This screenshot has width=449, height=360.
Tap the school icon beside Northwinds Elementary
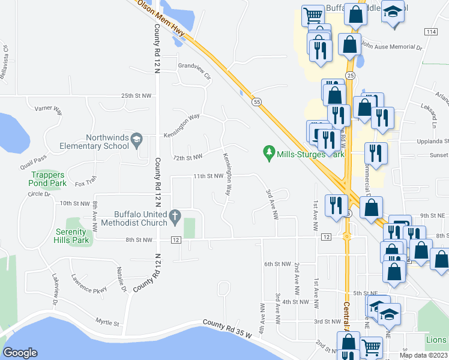tap(137, 140)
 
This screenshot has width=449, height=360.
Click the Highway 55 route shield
tap(256, 103)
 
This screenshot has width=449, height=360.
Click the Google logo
tap(20, 353)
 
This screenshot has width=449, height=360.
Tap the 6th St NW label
tap(277, 263)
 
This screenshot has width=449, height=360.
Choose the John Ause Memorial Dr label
tap(392, 46)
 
